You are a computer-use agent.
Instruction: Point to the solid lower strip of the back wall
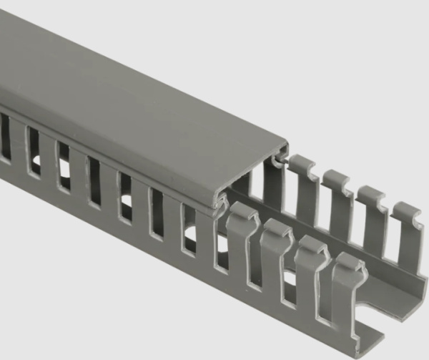(400, 293)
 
